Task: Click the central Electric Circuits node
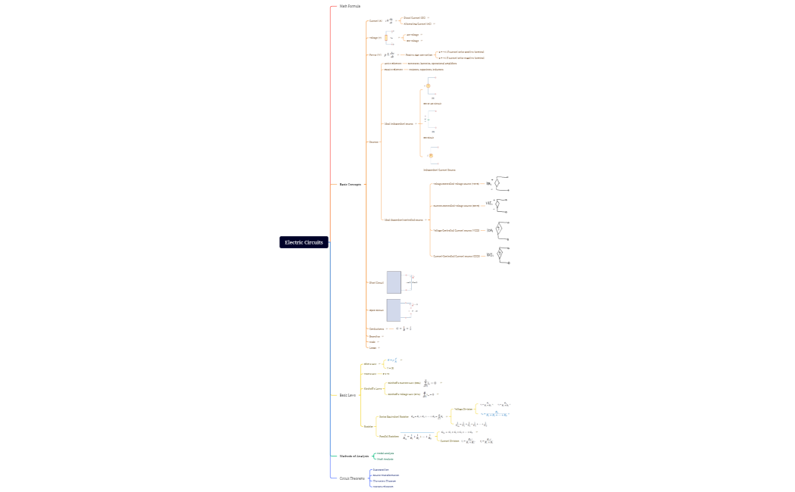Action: pos(304,242)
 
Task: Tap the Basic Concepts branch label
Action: pos(350,184)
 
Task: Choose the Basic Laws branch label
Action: pos(348,395)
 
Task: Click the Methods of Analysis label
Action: pos(354,456)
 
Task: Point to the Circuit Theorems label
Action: pos(351,478)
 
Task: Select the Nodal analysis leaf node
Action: pos(385,453)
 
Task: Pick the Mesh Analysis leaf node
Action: pos(385,459)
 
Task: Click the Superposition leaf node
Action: pos(381,469)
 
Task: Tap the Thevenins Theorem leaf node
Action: pos(384,481)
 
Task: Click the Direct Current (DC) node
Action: pos(414,17)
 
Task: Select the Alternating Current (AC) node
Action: pos(417,23)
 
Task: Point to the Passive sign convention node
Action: pos(419,54)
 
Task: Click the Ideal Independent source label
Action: pos(399,123)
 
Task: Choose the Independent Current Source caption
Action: pos(439,170)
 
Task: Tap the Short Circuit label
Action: pos(376,282)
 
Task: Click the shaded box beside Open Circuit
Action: pos(394,310)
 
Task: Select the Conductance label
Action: pos(376,329)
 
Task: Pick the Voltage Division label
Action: pos(463,409)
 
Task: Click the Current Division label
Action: pos(450,441)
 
